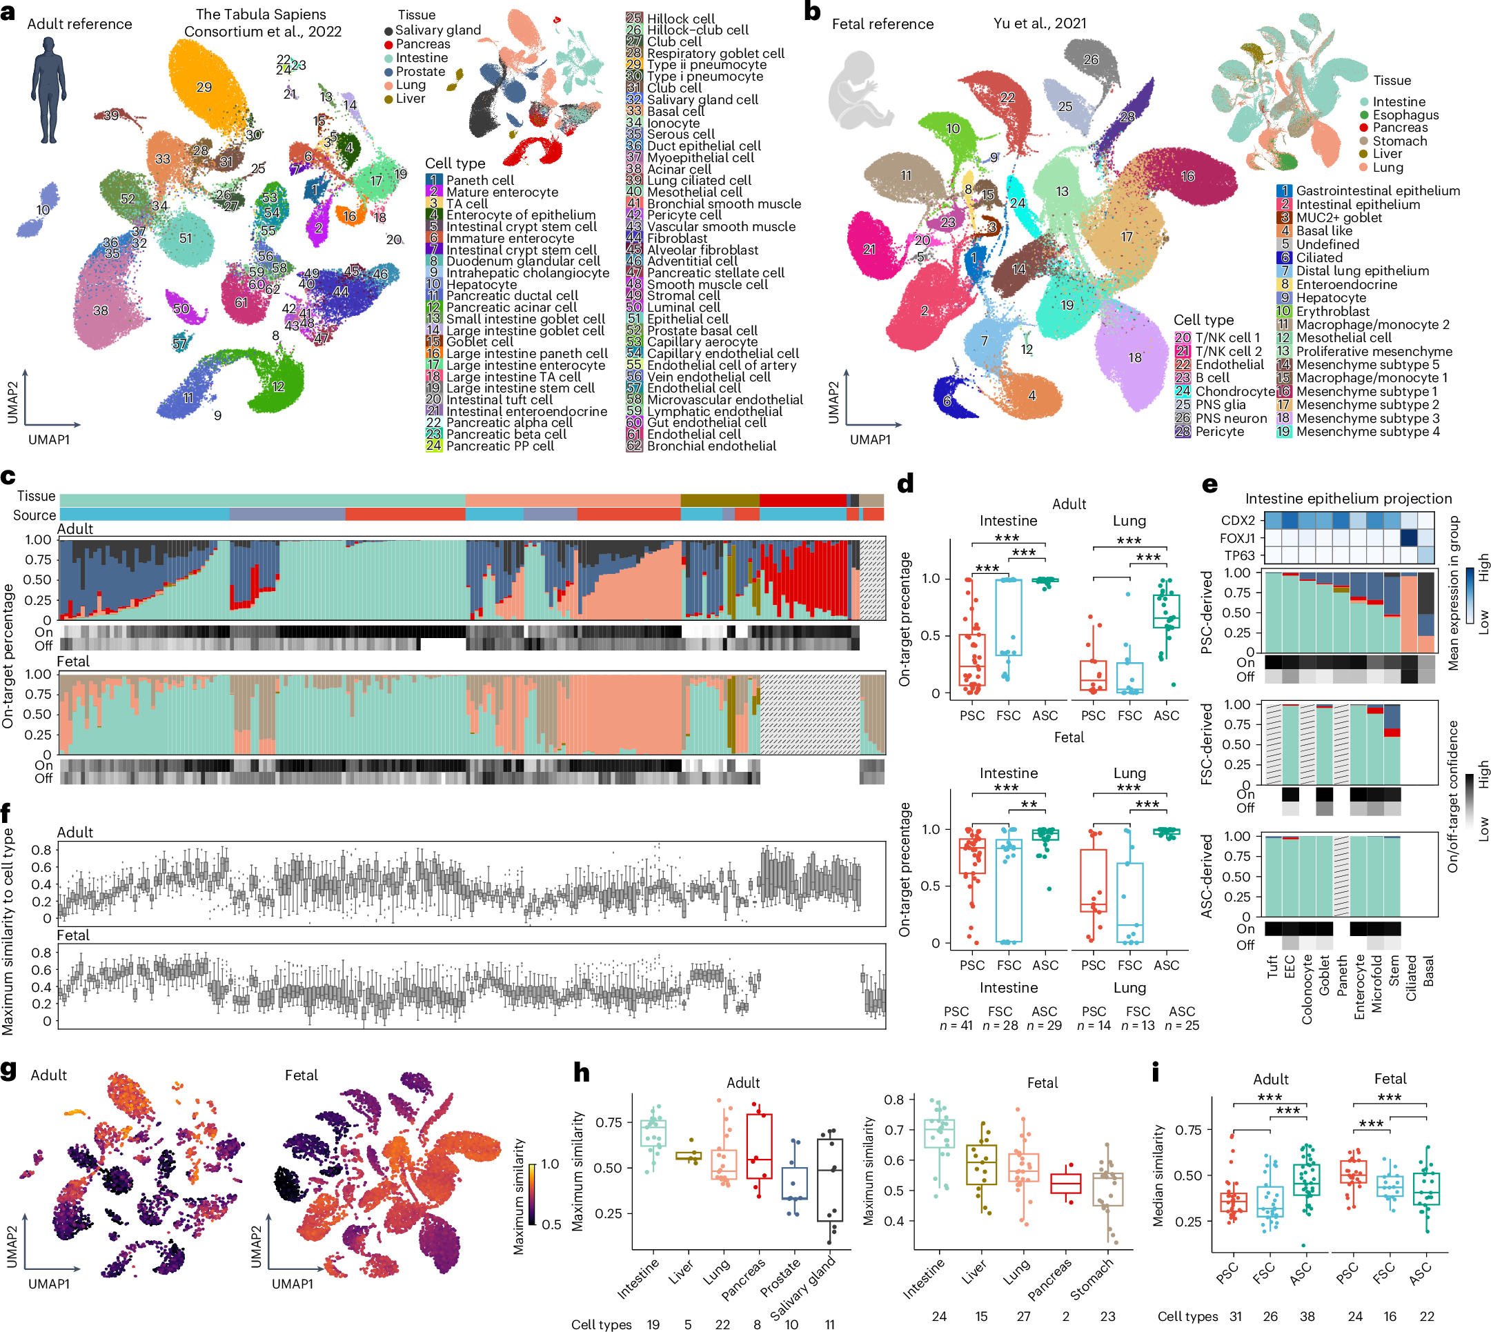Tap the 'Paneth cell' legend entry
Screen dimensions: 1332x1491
[x=480, y=180]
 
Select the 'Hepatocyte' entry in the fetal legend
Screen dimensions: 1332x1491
[x=1330, y=298]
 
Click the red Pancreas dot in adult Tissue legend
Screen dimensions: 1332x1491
[x=388, y=45]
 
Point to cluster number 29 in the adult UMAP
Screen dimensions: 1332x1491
[x=204, y=87]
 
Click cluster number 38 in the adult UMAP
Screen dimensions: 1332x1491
[x=100, y=310]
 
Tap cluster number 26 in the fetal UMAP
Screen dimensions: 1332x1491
[x=1091, y=60]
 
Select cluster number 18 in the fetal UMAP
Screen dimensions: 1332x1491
[x=1134, y=358]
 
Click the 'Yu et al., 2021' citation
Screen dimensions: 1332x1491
[x=1039, y=23]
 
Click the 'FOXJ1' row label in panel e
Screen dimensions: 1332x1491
[x=1237, y=538]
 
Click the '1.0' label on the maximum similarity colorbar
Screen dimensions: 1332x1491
[x=550, y=1164]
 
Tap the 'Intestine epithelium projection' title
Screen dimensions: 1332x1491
[x=1348, y=499]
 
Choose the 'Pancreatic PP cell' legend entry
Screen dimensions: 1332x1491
[x=500, y=446]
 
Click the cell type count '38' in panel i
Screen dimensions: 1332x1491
[x=1307, y=1316]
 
